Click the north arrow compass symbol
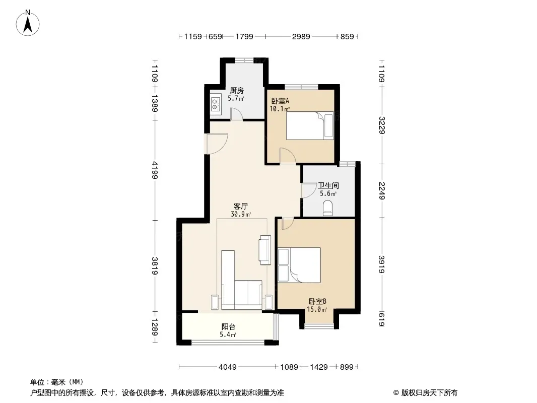tap(28, 23)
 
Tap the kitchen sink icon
tap(216, 104)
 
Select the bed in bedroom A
tap(310, 125)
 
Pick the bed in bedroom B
tap(299, 265)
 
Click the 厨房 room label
tap(237, 90)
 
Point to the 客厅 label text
tap(240, 206)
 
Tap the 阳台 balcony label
tap(228, 326)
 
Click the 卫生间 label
tap(328, 185)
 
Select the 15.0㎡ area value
tap(317, 309)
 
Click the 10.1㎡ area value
tap(280, 109)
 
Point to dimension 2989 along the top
tap(301, 37)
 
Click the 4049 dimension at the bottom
tap(228, 367)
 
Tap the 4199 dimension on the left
tap(155, 170)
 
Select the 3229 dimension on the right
tap(382, 125)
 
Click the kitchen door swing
tap(237, 114)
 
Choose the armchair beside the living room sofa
tap(265, 249)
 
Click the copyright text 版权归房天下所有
tap(429, 393)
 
